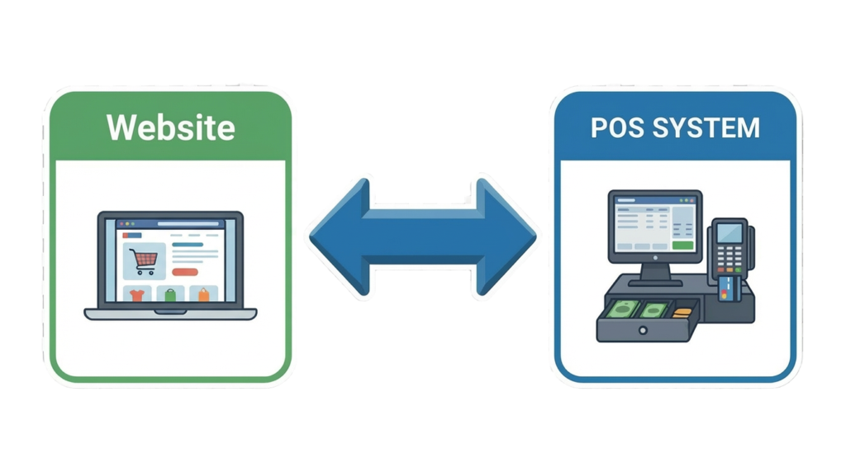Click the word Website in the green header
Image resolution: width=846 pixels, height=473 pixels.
tap(170, 128)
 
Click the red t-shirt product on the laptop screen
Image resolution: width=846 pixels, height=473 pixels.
tap(135, 294)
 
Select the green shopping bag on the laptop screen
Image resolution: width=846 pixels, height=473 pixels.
tap(169, 295)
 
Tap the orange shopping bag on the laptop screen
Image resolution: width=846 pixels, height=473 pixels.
tap(203, 294)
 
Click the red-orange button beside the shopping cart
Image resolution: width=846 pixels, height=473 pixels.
tap(186, 271)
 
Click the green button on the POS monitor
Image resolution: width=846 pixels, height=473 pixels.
tap(682, 245)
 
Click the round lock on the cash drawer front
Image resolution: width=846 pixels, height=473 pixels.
tap(644, 330)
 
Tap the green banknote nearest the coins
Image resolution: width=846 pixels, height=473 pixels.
tap(654, 311)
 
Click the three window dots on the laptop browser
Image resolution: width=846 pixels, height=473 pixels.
tap(125, 224)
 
